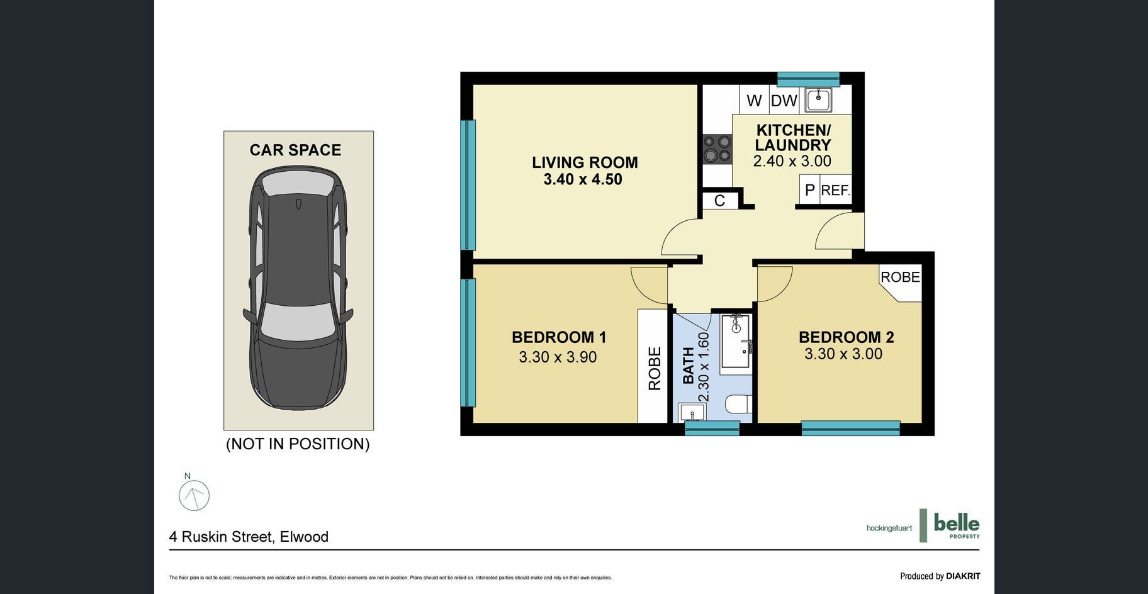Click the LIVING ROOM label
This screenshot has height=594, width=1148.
(585, 162)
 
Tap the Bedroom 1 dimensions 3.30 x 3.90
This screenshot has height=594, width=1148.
(558, 357)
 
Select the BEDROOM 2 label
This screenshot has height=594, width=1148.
(846, 337)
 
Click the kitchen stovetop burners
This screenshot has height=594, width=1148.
(717, 148)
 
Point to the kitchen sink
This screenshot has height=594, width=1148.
(818, 99)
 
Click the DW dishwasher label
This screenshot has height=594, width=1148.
(784, 101)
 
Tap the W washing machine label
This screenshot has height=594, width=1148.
(754, 101)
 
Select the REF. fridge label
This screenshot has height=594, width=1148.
(836, 190)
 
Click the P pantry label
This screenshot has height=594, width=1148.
(809, 190)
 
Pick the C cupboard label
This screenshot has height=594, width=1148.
(719, 200)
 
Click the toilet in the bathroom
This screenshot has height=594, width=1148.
(738, 403)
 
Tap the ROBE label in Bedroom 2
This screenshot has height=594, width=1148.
(900, 277)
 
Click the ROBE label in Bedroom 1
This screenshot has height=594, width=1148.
(655, 369)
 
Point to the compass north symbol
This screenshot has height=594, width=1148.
(194, 495)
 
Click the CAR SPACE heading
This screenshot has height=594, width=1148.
(295, 150)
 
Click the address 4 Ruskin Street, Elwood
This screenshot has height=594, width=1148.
(249, 537)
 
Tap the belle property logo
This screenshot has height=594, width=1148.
(950, 525)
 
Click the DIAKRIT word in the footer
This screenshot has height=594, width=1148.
(963, 576)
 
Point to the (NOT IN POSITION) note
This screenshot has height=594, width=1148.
(298, 444)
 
